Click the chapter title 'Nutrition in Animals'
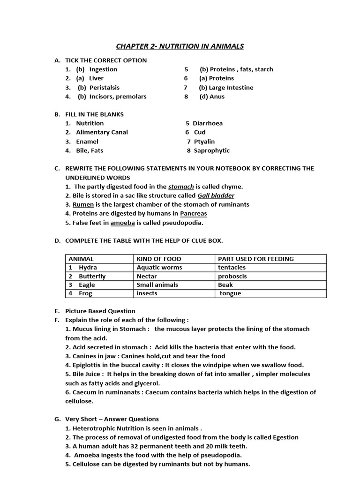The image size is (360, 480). (x=180, y=46)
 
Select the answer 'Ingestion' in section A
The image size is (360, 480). (x=103, y=69)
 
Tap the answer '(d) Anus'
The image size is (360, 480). (x=212, y=97)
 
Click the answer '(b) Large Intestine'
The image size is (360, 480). (x=226, y=88)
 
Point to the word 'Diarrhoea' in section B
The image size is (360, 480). (x=208, y=123)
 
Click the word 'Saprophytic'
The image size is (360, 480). (x=212, y=150)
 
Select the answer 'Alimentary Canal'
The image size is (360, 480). (x=102, y=132)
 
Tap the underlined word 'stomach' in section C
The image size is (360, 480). (x=181, y=187)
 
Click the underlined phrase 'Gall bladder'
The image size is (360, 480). (x=216, y=195)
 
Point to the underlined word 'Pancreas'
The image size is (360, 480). (x=194, y=213)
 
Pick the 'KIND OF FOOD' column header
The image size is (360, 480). (x=159, y=259)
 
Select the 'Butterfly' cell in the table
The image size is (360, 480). (x=92, y=276)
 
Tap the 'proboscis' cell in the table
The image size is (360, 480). (x=232, y=276)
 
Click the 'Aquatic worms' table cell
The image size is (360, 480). (x=159, y=267)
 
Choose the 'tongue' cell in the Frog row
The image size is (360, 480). (x=231, y=293)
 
